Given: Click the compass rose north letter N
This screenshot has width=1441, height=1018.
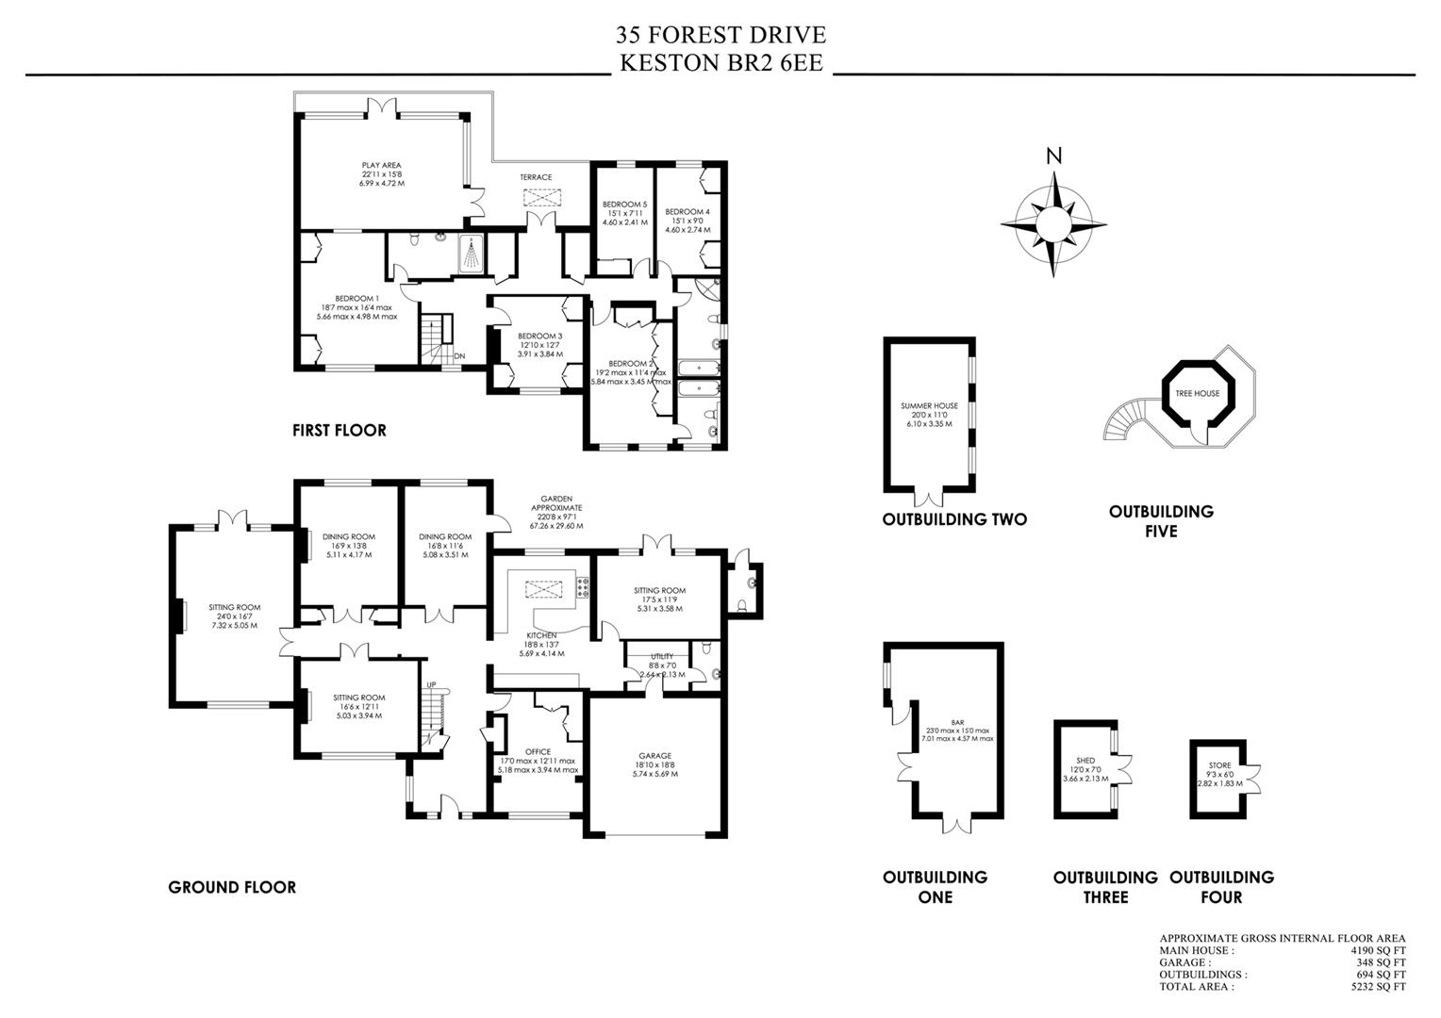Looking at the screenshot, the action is tap(1053, 156).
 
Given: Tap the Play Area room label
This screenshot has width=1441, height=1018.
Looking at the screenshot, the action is tap(382, 165).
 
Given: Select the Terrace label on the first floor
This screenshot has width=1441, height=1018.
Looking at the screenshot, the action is tap(536, 177).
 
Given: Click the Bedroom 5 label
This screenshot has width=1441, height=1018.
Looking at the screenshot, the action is tap(624, 205).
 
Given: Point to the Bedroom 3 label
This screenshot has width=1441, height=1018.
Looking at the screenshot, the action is tap(539, 336).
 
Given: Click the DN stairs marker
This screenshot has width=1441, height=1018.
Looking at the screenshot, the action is tap(459, 356).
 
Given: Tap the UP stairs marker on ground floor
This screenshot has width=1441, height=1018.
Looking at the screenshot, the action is tap(431, 684).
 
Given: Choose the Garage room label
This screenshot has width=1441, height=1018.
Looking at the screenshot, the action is tap(654, 756).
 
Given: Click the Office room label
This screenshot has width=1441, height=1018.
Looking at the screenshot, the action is tap(538, 752).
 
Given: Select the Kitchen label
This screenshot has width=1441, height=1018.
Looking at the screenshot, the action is tap(541, 635).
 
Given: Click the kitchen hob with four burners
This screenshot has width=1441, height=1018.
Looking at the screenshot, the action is tap(583, 588).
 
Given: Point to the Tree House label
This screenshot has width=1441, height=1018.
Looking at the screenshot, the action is tap(1197, 394).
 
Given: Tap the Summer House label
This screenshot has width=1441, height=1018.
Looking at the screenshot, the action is tap(929, 405).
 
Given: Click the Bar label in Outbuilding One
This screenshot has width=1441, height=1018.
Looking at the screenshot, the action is tap(957, 723).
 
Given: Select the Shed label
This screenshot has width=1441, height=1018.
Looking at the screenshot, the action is tap(1085, 761).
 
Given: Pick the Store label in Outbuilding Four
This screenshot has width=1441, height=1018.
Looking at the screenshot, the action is tap(1219, 765).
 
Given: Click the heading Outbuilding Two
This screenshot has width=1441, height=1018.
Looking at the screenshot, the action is tap(954, 519).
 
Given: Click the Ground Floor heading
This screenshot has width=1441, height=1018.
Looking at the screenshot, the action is tap(232, 888).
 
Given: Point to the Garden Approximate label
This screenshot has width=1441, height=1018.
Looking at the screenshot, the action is tap(556, 503).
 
